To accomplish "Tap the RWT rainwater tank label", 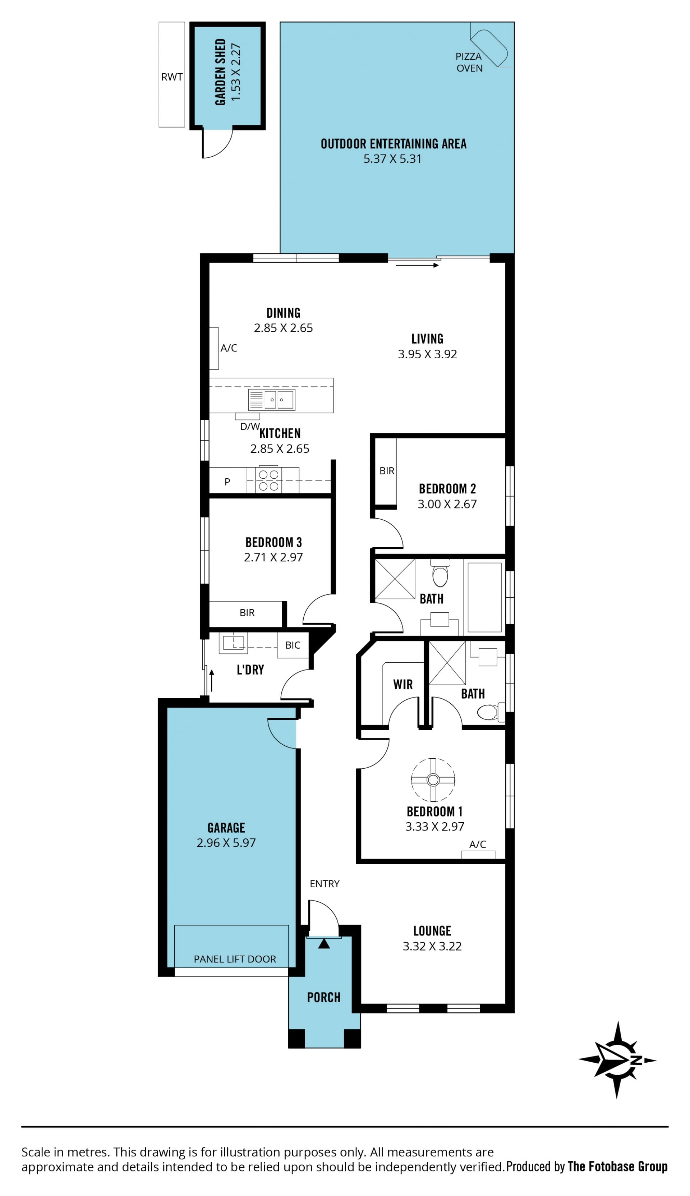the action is [x=171, y=77].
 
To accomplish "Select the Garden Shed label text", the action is [x=220, y=72].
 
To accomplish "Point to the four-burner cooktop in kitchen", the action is [x=268, y=480].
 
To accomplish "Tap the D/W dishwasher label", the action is [x=250, y=427].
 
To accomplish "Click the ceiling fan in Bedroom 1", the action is [x=433, y=779].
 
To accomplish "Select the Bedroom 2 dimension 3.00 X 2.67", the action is [x=447, y=504].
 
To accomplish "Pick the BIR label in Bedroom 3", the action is [x=247, y=613].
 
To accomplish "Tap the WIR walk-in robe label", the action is [x=403, y=684].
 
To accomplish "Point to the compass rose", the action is [x=617, y=1060].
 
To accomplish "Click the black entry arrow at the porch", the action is [x=324, y=943].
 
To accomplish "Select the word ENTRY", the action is [x=325, y=884].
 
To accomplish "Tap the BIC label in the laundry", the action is [x=293, y=645].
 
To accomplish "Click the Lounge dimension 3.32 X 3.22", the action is [x=432, y=946].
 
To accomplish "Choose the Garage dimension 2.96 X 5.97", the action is [x=226, y=842].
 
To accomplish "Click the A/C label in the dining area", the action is [x=229, y=348].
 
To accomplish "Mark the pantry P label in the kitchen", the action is [x=227, y=482].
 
